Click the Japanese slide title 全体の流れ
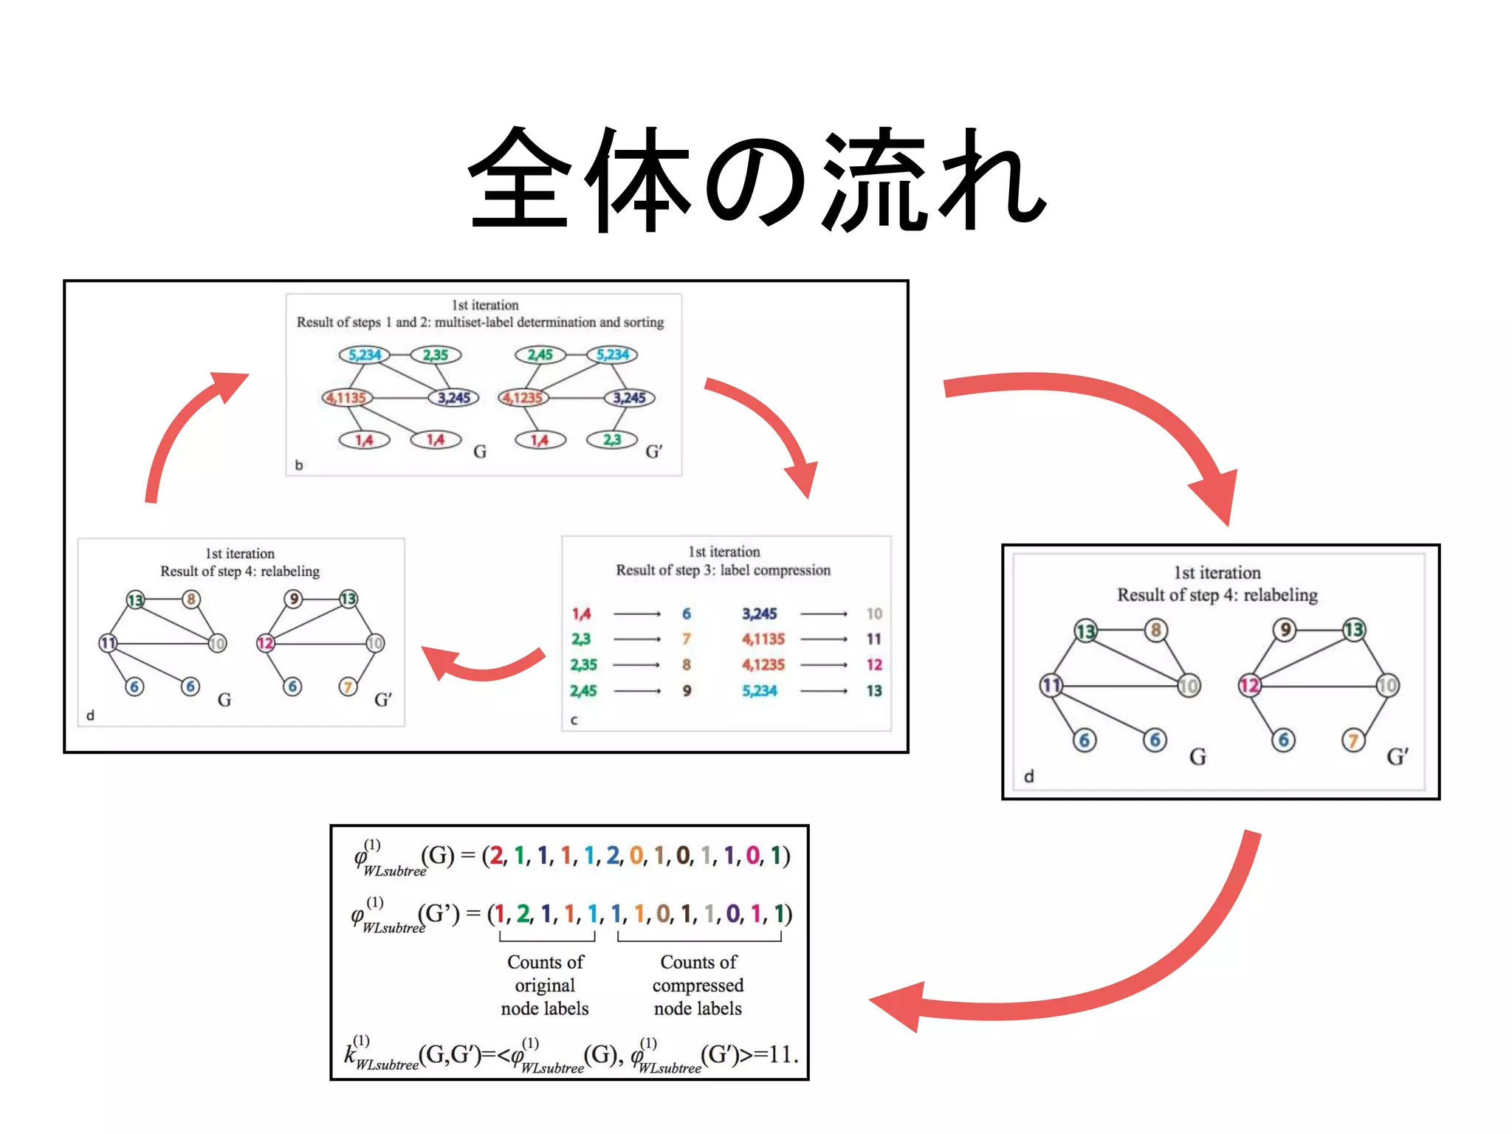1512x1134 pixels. pos(757,179)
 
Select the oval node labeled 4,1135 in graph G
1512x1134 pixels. pos(346,398)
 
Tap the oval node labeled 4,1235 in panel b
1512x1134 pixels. pos(523,398)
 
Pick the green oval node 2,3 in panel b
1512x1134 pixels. pos(611,440)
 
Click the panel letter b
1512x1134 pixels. pos(299,465)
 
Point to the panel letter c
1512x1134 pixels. pos(574,720)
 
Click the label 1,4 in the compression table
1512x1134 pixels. pos(581,614)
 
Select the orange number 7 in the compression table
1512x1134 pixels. pos(687,639)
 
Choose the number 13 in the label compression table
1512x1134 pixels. pos(874,691)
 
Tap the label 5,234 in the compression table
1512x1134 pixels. pos(760,691)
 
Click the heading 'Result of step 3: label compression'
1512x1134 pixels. pos(724,570)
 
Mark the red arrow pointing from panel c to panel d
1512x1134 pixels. pos(480,664)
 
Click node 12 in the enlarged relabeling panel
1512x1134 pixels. pos(1249,685)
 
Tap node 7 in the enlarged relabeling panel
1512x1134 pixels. pos(1353,740)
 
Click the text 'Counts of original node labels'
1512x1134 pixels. pos(545,986)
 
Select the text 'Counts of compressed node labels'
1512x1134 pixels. pos(698,986)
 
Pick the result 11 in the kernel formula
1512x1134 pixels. pos(780,1054)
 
